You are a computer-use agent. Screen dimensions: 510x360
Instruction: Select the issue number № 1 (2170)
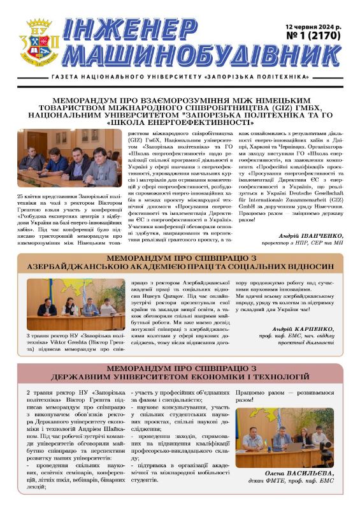pyautogui.click(x=317, y=36)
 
